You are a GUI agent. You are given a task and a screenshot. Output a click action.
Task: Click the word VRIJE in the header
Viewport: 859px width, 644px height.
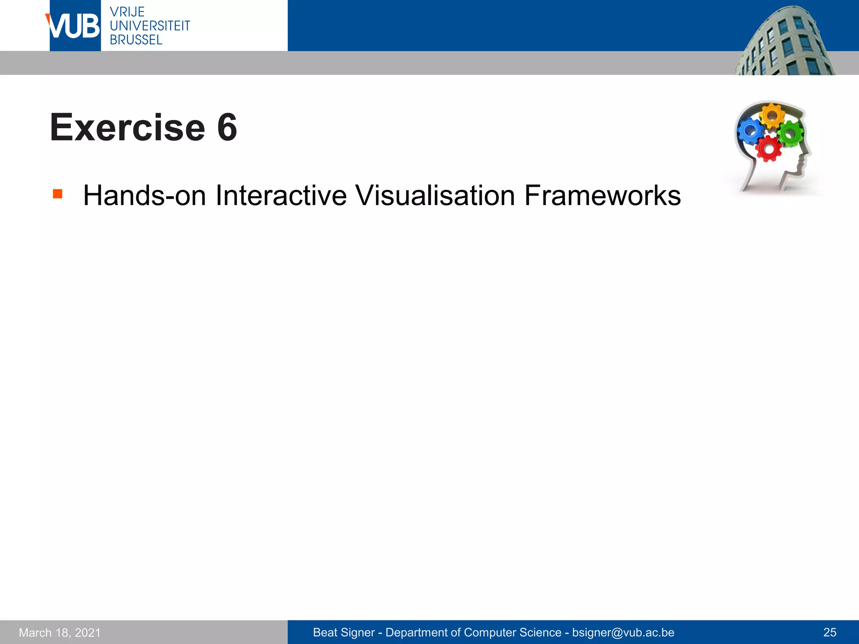point(127,12)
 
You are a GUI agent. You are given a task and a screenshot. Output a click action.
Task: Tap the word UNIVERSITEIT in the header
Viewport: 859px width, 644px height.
point(150,26)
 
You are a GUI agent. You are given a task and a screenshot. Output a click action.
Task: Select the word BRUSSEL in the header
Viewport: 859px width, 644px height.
point(136,40)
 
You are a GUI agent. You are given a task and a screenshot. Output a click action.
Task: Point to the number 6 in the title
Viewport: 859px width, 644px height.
point(227,127)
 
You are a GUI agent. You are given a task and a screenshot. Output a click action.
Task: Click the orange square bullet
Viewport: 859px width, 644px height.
point(57,194)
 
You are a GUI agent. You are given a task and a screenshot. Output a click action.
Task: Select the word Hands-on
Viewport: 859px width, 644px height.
point(144,195)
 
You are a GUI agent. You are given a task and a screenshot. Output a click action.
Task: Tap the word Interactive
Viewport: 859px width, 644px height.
point(281,195)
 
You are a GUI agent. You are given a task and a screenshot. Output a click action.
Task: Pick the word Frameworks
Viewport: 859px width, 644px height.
point(602,195)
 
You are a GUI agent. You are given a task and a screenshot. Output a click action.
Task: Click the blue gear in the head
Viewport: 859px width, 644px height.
point(750,131)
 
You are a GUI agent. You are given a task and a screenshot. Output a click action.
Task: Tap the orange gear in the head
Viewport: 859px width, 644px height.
point(772,116)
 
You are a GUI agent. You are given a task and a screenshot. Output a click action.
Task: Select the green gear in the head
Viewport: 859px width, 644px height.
point(791,134)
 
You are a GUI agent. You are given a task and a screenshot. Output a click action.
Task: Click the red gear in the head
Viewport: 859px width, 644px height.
point(768,148)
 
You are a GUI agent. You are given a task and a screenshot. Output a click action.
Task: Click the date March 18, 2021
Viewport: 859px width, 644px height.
point(60,633)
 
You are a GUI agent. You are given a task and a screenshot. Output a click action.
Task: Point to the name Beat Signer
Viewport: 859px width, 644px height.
point(344,633)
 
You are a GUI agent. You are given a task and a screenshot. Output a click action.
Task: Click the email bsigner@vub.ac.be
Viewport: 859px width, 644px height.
point(623,633)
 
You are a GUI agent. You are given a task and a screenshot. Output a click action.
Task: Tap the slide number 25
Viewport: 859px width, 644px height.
point(830,633)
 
